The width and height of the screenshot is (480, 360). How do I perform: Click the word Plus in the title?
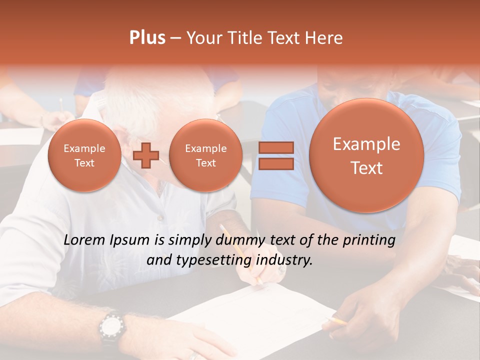tap(147, 38)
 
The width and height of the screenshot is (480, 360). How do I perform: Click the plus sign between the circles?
tap(146, 155)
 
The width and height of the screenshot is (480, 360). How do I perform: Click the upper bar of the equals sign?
tap(275, 147)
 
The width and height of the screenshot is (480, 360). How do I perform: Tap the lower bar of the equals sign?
tap(275, 164)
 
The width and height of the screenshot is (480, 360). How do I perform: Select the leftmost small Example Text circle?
tap(84, 155)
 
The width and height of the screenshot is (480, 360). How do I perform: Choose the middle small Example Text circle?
tap(205, 155)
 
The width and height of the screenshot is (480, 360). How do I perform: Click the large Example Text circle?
tap(366, 155)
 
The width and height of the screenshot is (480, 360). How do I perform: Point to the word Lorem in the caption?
tap(84, 240)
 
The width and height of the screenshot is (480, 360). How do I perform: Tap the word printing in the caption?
tap(368, 240)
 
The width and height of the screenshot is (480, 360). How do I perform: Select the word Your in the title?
tap(203, 38)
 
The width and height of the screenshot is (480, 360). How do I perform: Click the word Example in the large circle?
tap(366, 144)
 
